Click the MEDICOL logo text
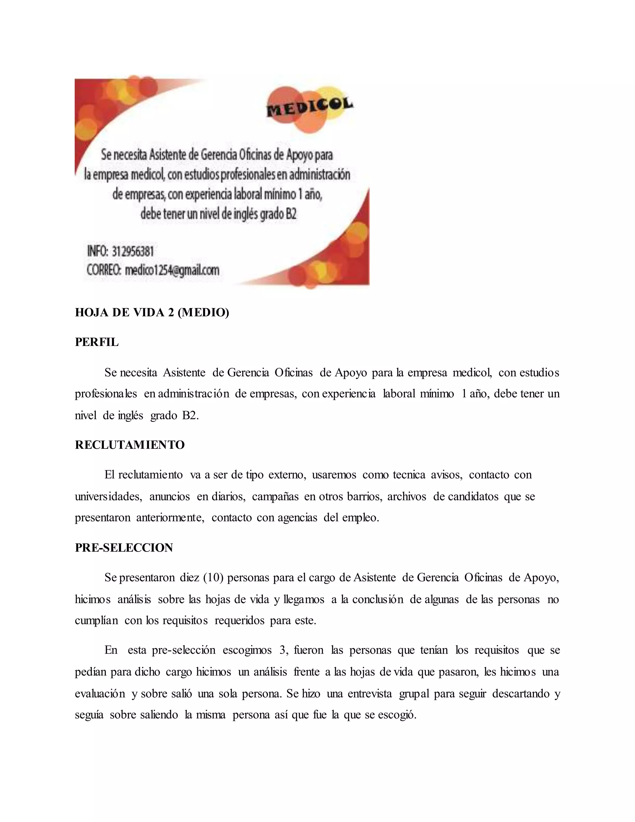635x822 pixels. point(310,106)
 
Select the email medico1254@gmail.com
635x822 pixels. point(172,270)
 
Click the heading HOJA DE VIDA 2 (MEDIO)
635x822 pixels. point(152,313)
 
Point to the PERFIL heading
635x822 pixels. point(97,342)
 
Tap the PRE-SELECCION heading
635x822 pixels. point(124,547)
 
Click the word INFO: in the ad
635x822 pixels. point(97,251)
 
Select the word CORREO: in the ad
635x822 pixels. point(104,270)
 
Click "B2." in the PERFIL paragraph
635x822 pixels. point(190,416)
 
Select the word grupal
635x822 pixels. point(414,694)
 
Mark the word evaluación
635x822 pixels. point(100,694)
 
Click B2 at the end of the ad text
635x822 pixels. point(291,214)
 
